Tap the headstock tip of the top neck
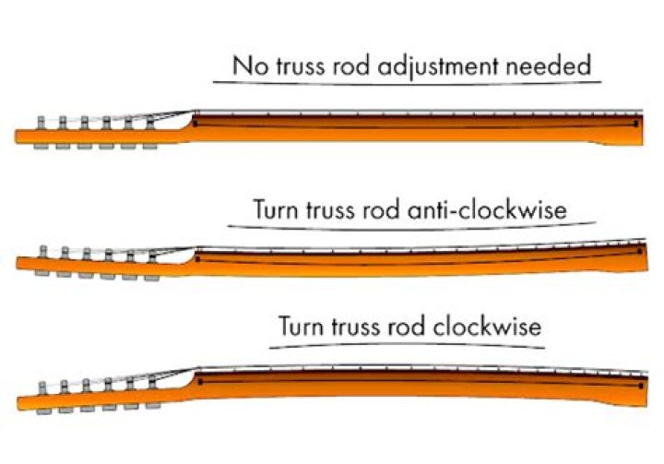(x=18, y=137)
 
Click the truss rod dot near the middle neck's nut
(x=197, y=259)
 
